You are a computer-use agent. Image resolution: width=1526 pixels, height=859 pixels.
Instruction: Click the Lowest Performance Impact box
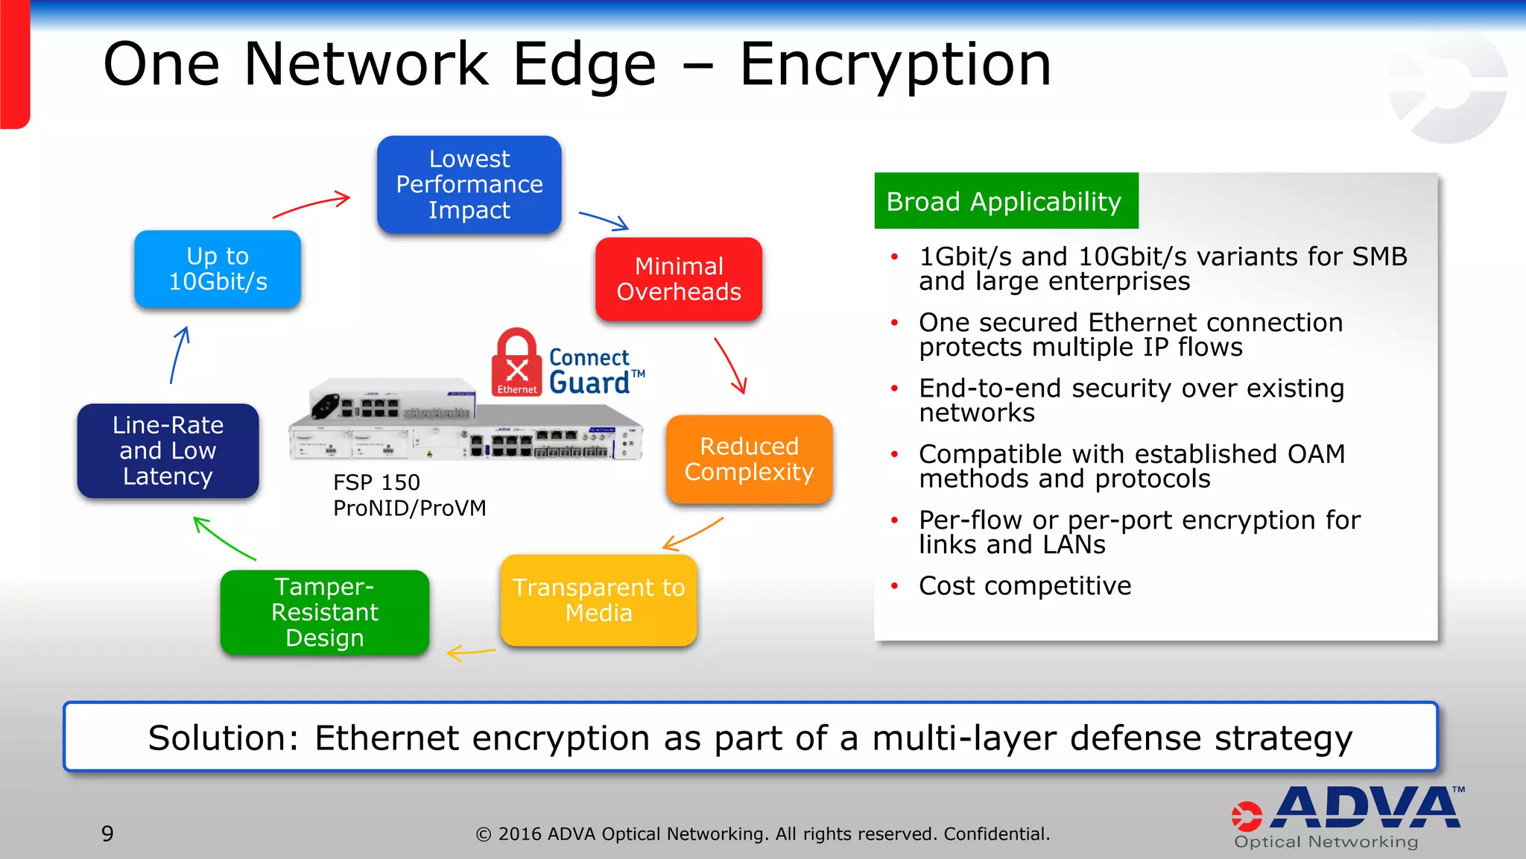pos(469,184)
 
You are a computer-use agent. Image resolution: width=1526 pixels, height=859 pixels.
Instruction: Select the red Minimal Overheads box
pos(678,279)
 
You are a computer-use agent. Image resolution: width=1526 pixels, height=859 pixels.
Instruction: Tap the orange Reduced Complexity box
pos(749,459)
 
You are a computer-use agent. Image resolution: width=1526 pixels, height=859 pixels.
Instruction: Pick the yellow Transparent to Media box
pos(598,600)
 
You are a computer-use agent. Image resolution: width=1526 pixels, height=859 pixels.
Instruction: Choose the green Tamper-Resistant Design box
pos(324,612)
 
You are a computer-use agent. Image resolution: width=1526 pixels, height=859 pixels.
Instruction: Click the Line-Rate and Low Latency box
pos(168,450)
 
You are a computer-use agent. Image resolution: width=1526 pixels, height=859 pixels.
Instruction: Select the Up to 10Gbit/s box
pos(218,268)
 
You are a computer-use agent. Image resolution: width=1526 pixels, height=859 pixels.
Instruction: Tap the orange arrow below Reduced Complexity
pos(693,534)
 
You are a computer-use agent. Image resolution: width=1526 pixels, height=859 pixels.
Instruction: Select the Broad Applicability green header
pos(1005,201)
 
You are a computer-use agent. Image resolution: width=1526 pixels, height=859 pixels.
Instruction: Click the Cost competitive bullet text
pos(1025,586)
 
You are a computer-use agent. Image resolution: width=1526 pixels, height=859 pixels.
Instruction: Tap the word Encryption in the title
pos(895,65)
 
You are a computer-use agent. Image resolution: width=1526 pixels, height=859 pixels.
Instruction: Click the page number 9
pos(107,834)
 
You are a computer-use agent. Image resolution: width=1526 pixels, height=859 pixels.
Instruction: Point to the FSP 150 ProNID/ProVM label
pos(408,495)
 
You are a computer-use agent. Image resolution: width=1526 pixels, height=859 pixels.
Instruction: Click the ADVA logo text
pos(1367,808)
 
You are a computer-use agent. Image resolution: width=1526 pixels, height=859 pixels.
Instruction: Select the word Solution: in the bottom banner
pos(222,738)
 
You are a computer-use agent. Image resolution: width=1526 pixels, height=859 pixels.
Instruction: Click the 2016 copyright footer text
pos(762,834)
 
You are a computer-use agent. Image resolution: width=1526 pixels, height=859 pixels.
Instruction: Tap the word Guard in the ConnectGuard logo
pos(589,383)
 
